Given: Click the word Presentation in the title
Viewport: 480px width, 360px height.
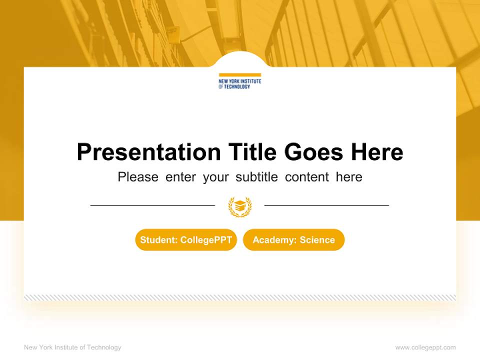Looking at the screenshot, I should pyautogui.click(x=148, y=152).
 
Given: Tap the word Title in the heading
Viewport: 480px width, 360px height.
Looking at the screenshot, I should pyautogui.click(x=252, y=152).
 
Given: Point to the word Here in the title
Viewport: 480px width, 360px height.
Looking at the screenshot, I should pyautogui.click(x=377, y=152).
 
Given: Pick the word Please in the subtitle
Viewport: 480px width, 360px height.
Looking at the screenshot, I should pyautogui.click(x=138, y=177).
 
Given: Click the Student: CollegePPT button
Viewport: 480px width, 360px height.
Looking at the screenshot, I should pyautogui.click(x=186, y=240).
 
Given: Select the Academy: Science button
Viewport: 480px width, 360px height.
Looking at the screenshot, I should pyautogui.click(x=293, y=240).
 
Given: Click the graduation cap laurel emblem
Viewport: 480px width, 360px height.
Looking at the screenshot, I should pyautogui.click(x=240, y=206).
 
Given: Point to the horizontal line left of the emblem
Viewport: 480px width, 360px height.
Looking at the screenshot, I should pyautogui.click(x=152, y=205).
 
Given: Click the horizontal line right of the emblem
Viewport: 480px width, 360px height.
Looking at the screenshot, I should pyautogui.click(x=326, y=205).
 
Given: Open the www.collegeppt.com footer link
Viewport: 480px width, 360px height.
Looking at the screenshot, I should pyautogui.click(x=425, y=347).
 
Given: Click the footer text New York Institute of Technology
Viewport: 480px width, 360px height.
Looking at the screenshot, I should pyautogui.click(x=72, y=347).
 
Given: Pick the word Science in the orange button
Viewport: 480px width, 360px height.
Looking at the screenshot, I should pyautogui.click(x=317, y=240).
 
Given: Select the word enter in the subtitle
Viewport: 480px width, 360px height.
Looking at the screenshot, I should pyautogui.click(x=180, y=177).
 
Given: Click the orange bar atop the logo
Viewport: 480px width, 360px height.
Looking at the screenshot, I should pyautogui.click(x=240, y=75).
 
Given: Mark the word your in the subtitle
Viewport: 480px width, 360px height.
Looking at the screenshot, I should pyautogui.click(x=216, y=177).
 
